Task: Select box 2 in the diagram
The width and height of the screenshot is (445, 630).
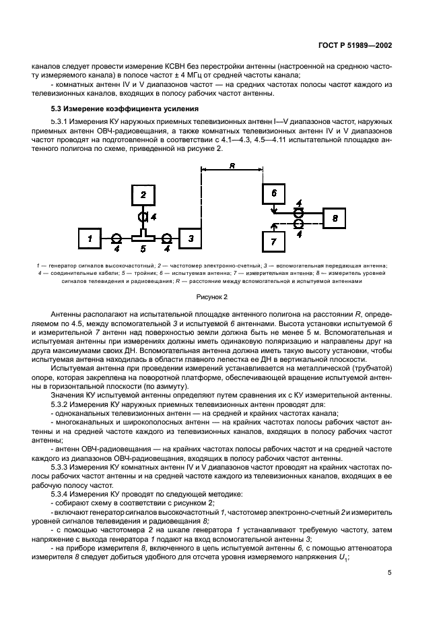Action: pos(141,195)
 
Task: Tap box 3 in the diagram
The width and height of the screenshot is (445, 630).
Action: pos(191,239)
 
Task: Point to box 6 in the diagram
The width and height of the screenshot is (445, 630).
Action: pos(273,193)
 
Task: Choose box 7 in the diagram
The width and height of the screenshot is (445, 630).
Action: pos(273,241)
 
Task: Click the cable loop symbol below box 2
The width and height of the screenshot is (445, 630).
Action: pos(142,218)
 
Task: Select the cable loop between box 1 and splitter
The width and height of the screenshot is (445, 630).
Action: pos(116,239)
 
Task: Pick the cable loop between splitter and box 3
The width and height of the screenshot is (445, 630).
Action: pos(166,239)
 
